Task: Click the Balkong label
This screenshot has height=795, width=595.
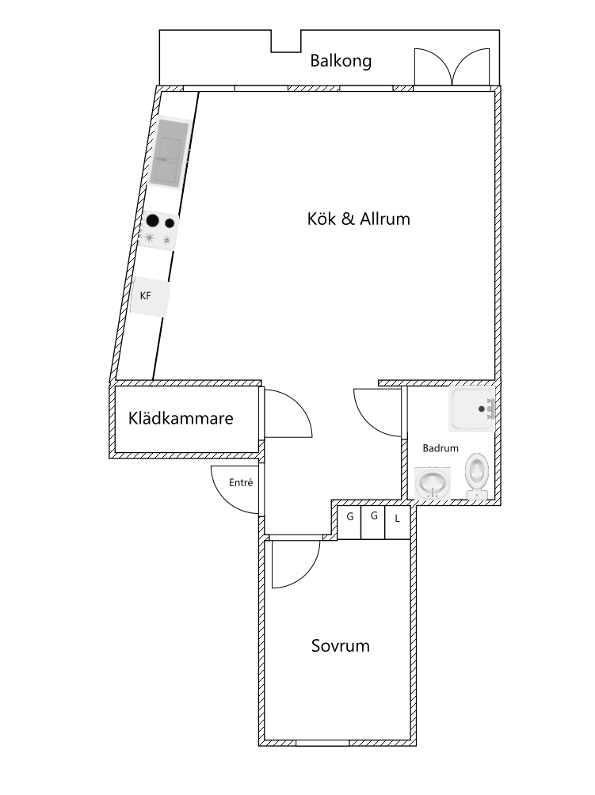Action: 341,61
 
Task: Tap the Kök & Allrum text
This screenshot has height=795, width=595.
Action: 359,219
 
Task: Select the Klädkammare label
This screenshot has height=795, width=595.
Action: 181,418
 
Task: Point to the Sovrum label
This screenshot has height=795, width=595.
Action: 341,645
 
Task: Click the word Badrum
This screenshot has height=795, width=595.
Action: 441,448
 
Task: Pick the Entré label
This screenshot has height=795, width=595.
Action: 240,483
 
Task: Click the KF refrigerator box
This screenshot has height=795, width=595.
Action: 150,296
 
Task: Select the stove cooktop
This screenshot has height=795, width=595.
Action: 158,230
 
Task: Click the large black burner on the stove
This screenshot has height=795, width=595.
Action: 152,221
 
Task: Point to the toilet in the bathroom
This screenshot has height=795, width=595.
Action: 477,476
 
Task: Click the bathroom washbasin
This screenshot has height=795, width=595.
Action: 432,483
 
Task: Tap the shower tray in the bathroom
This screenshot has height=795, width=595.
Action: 471,409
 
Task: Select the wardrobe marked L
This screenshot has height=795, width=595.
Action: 397,523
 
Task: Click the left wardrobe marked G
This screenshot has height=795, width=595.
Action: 350,523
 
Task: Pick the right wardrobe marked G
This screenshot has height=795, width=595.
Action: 373,523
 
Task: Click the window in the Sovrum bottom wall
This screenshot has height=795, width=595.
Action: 322,744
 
